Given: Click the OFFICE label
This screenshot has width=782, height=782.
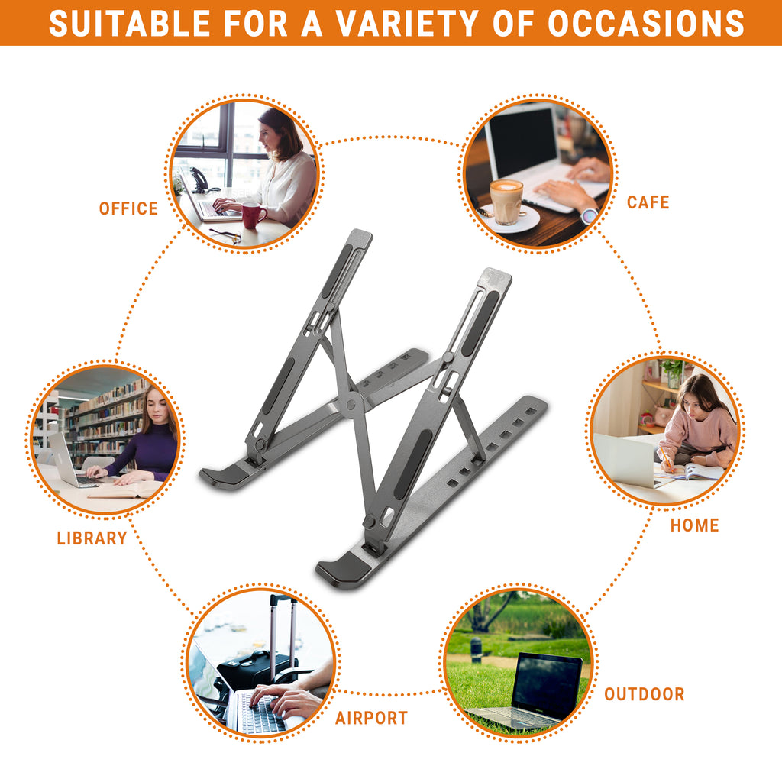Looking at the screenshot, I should pos(128,208).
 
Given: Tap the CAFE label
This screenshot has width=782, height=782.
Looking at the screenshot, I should pos(648,202).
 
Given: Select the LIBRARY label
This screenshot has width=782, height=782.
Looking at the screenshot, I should pos(92,538).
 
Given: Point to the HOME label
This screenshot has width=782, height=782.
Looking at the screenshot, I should pos(694,525).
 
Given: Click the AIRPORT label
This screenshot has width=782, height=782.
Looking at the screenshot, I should pos(371,718).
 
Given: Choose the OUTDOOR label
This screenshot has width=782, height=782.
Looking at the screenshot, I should pos(644,694).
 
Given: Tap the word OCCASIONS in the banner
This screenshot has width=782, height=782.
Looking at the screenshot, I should pos(646,23).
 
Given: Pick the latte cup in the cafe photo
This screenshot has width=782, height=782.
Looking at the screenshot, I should pos(506,202).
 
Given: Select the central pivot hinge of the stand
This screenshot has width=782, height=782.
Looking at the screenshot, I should pos(351,399).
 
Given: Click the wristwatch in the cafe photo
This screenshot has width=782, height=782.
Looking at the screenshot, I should pos(589,215).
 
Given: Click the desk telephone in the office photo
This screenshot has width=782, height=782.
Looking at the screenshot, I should pos(199,180).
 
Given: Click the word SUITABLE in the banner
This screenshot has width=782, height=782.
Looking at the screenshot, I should pos(129,23).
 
